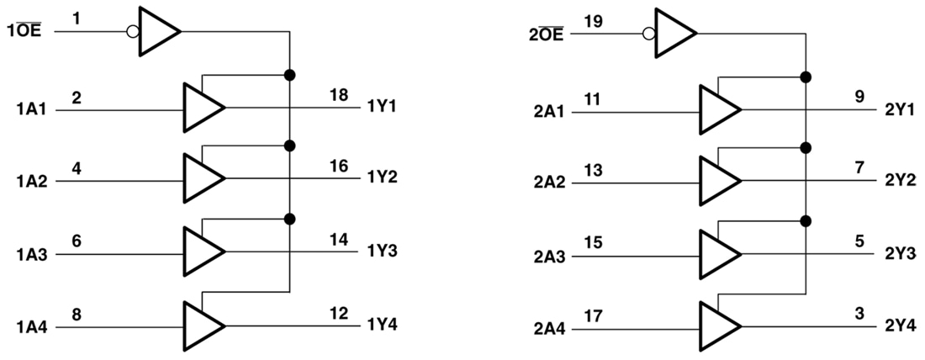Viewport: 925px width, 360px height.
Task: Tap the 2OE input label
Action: point(547,34)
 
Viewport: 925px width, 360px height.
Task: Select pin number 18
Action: point(339,96)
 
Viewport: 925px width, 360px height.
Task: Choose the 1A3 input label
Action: point(32,253)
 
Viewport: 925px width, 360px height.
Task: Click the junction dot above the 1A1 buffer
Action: point(290,75)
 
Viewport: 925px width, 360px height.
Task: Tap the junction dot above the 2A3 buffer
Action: point(806,221)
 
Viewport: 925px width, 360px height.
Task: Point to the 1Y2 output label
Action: point(382,179)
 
